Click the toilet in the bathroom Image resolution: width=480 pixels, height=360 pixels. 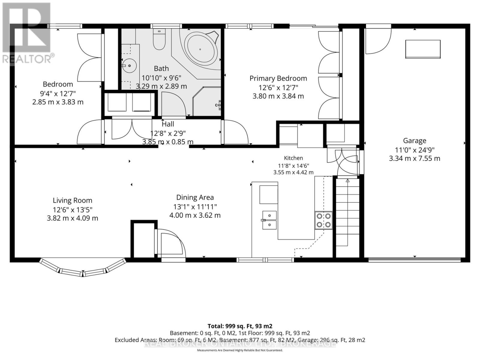159,39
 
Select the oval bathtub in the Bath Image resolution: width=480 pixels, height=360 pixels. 200,49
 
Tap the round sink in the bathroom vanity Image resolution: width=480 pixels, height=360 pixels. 129,66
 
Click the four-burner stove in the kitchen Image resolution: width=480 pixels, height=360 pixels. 323,220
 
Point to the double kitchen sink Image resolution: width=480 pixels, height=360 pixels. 269,220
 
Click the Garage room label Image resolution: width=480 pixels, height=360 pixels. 415,140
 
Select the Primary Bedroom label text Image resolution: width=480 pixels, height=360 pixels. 278,78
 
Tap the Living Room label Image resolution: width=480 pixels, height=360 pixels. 72,200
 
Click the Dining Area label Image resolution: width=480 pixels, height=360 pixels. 195,197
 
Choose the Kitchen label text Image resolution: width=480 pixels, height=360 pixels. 293,158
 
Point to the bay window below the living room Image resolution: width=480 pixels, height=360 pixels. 83,268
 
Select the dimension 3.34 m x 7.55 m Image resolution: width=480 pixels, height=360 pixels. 414,158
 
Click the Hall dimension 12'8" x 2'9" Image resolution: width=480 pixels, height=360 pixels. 168,133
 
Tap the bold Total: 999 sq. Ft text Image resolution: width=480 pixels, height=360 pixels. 240,326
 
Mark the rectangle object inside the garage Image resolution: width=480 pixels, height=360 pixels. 423,49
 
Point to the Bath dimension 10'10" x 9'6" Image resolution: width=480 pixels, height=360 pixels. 161,78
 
